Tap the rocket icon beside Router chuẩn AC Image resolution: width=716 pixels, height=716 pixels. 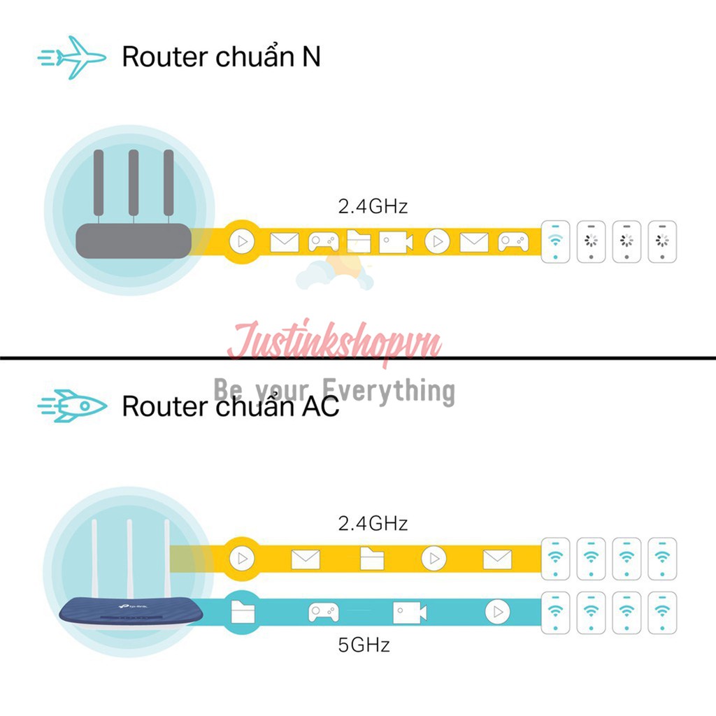coord(73,406)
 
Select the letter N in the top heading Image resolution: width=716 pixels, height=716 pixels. coord(311,57)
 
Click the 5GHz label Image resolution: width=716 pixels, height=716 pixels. coord(364,644)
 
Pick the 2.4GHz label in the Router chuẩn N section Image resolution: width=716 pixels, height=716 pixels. coord(372,206)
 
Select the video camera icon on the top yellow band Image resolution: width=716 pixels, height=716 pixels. coord(396,242)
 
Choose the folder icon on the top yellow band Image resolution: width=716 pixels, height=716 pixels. coord(359,242)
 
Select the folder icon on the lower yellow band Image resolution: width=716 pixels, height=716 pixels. coord(372,559)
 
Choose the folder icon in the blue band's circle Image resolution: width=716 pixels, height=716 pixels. coord(243,613)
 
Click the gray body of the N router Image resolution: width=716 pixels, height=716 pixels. coord(134,241)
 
